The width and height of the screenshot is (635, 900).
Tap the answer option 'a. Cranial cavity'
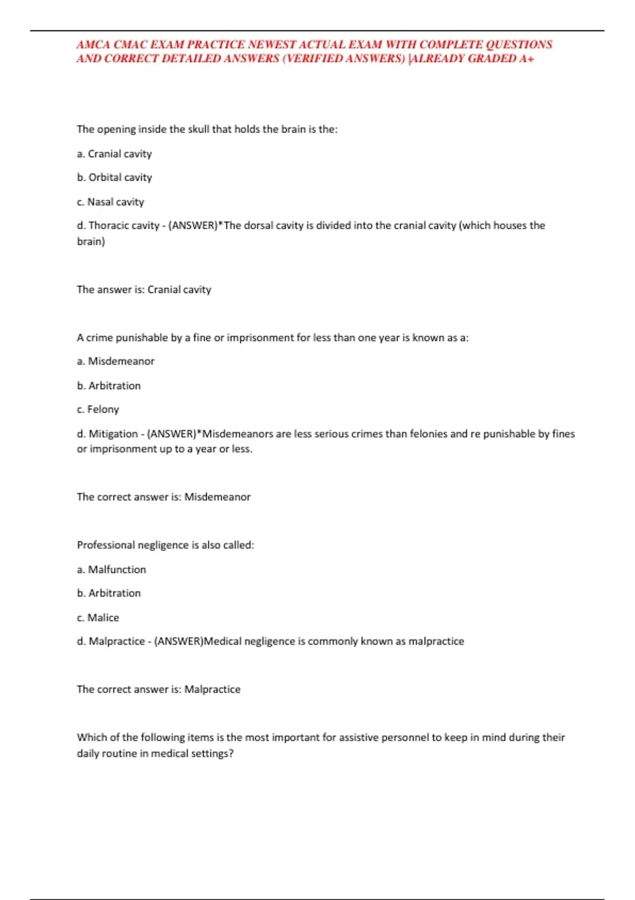(114, 154)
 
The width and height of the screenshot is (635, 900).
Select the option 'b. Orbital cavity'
(114, 177)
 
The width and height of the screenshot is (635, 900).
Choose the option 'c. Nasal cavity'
(110, 202)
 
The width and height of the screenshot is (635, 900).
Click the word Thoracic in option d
(108, 226)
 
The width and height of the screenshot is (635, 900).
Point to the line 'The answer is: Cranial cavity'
(144, 290)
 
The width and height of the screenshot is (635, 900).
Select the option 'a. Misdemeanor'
(115, 361)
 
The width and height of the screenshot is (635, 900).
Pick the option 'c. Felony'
(98, 409)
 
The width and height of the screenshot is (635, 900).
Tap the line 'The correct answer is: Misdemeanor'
(164, 497)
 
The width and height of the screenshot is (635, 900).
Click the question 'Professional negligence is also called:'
(165, 545)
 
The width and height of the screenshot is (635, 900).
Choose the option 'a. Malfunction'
(111, 570)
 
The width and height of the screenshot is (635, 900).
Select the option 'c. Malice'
(98, 618)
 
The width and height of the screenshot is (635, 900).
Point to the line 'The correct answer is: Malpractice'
(158, 689)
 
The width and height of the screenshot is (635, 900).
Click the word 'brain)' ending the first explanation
(91, 241)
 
